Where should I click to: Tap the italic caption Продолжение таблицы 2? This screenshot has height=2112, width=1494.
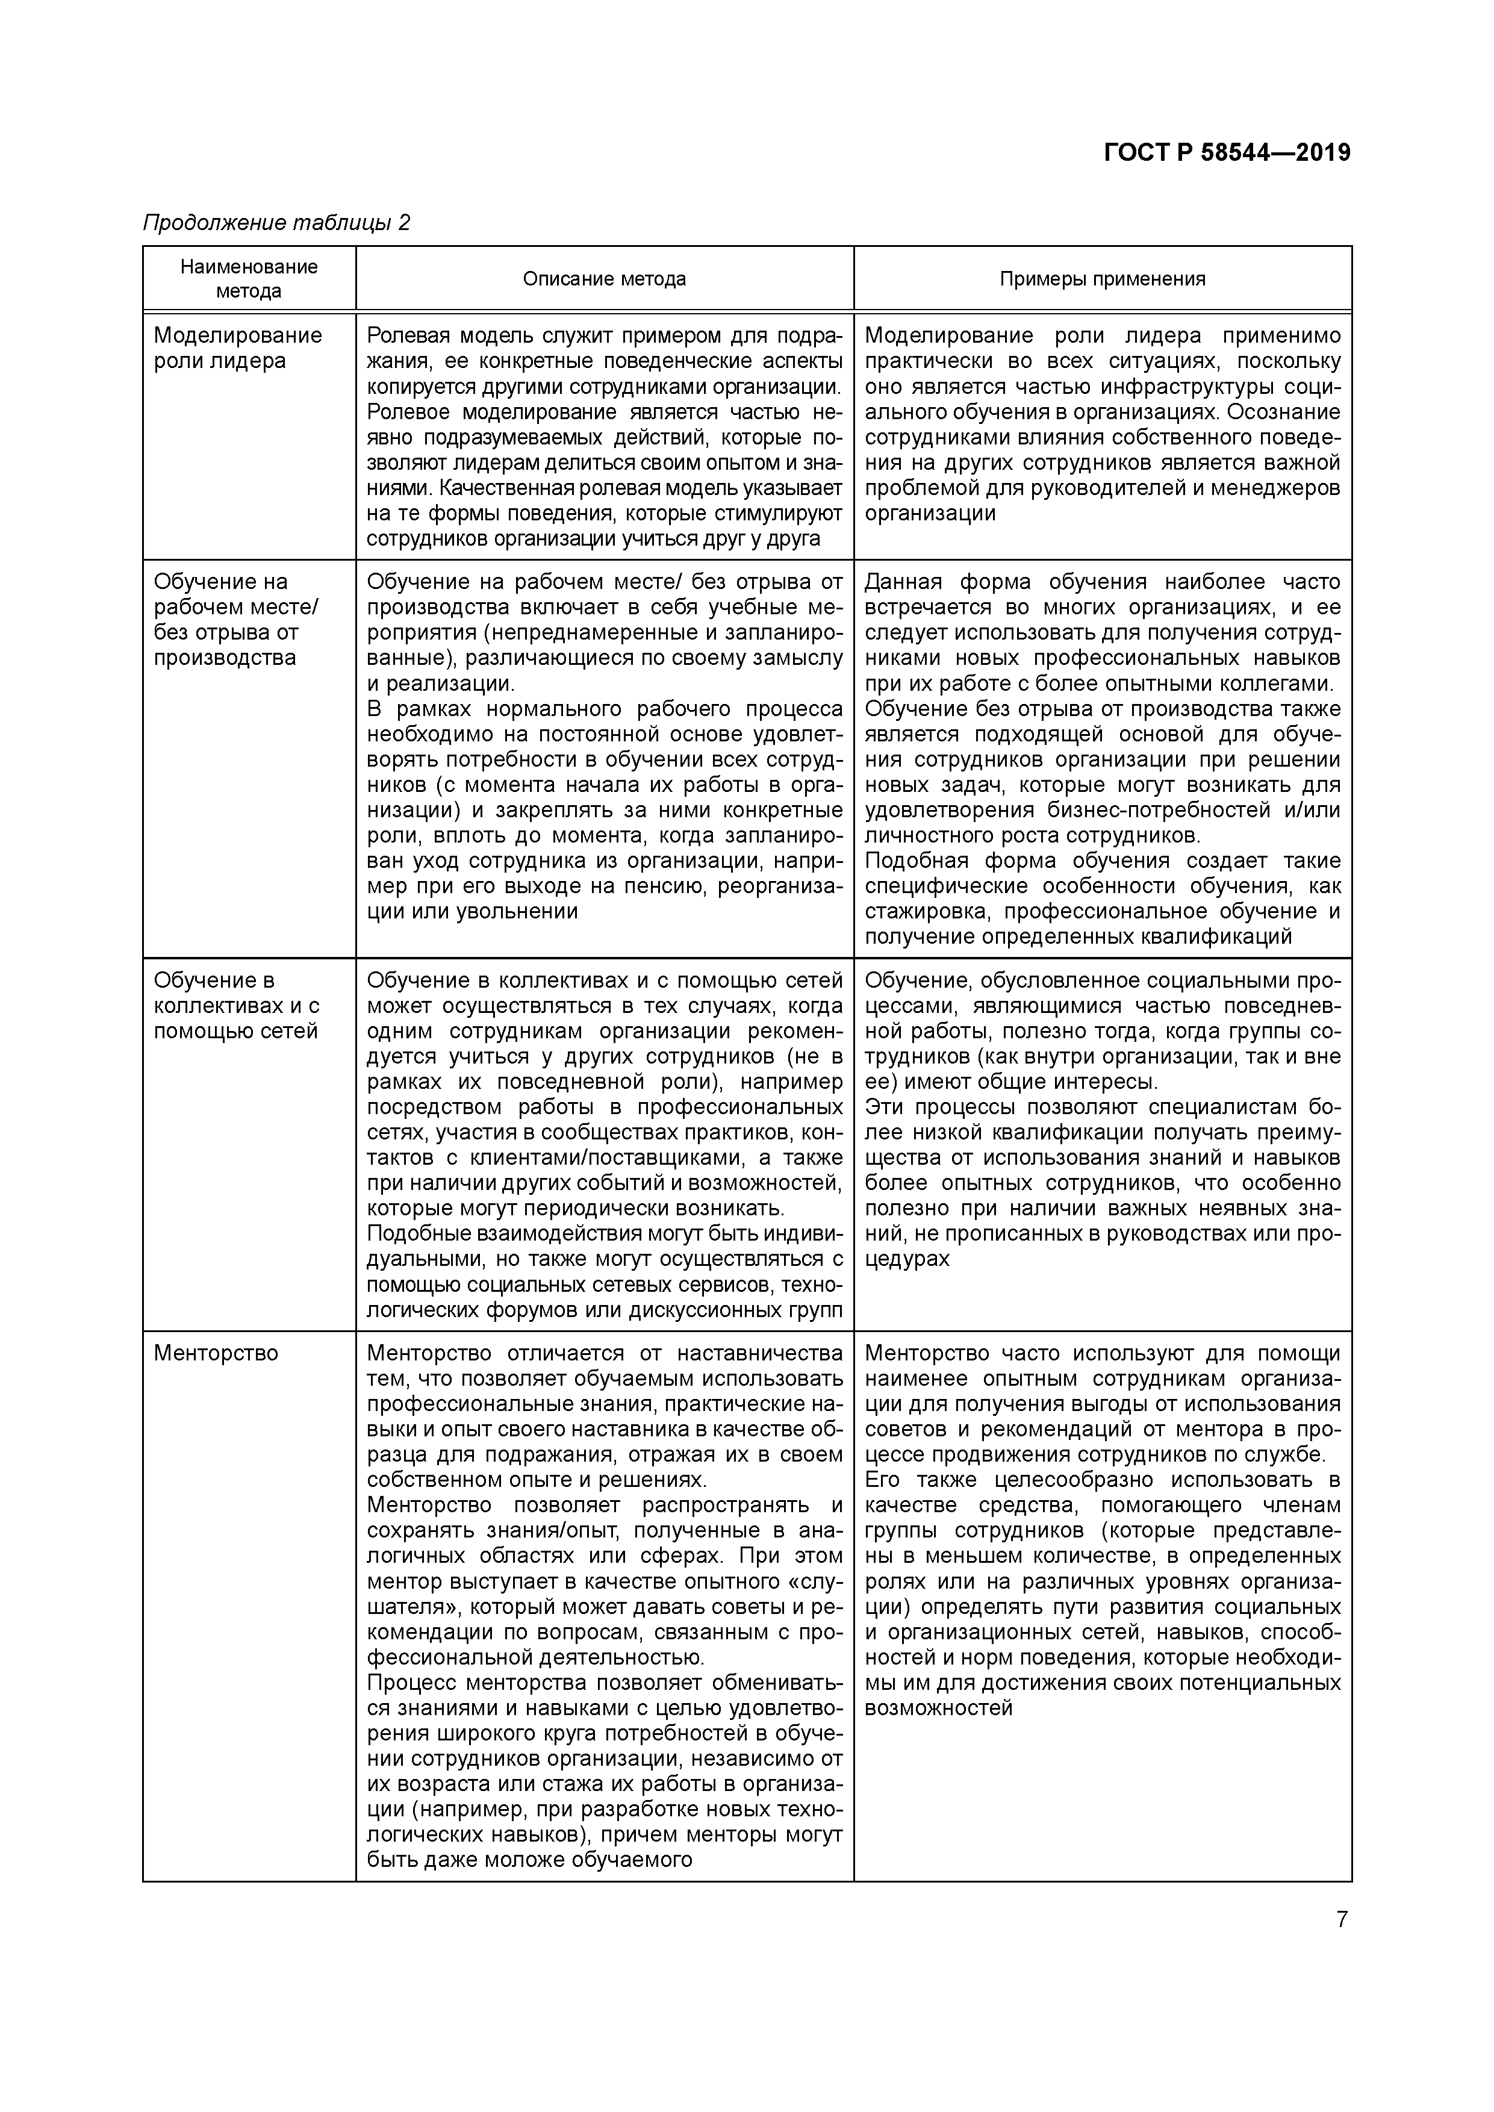point(276,223)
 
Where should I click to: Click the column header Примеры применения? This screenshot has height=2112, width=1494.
point(1102,279)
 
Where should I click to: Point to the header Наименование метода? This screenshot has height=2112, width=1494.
point(248,279)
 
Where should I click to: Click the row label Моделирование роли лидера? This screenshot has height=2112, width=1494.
point(237,347)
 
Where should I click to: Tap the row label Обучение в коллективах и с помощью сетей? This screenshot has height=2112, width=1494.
point(237,1005)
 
